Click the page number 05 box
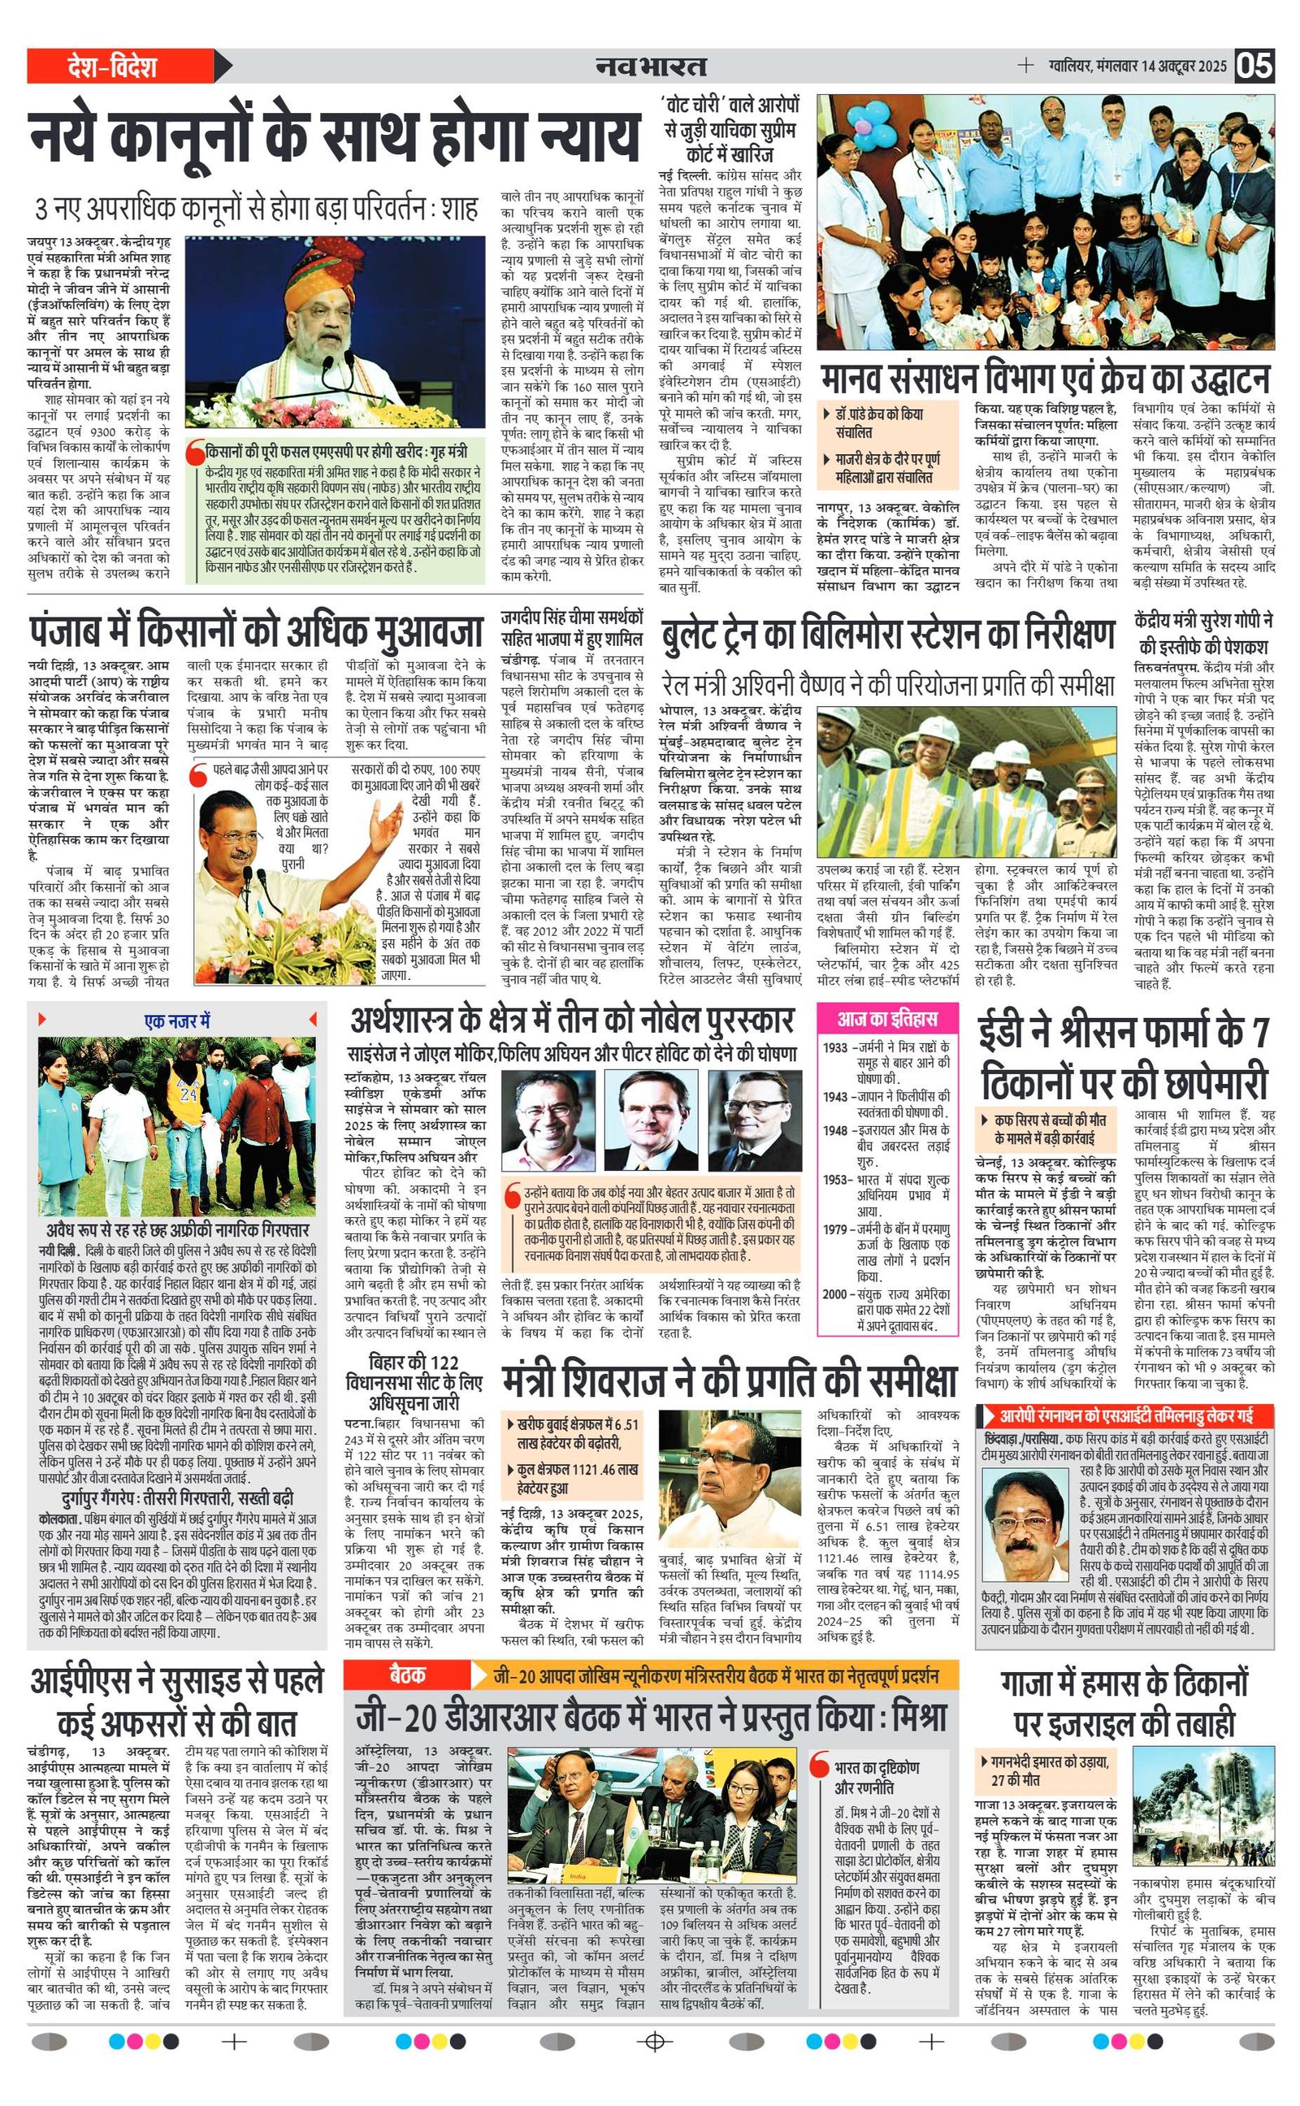pos(1255,65)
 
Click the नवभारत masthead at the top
pos(652,65)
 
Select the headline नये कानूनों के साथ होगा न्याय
pos(336,135)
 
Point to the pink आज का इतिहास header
pos(886,1020)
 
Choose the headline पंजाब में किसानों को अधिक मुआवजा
pos(256,632)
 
